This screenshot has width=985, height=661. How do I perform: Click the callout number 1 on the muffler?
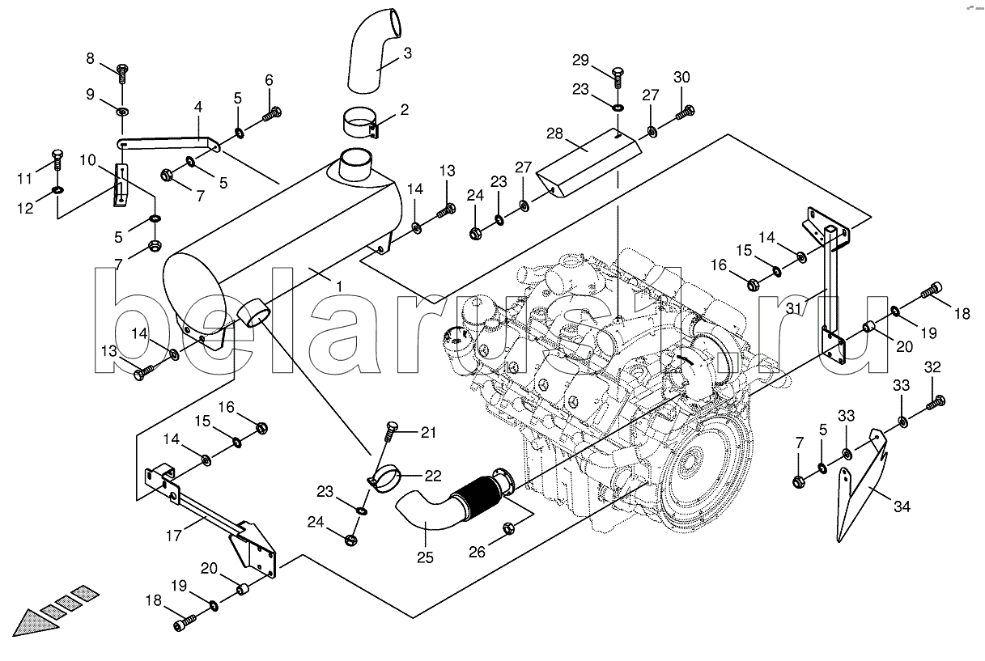point(339,287)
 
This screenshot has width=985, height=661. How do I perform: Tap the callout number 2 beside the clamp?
point(404,109)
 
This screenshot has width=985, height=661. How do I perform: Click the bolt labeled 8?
point(123,74)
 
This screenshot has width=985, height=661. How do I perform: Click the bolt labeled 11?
point(58,160)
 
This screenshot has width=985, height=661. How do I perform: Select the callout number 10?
point(88,160)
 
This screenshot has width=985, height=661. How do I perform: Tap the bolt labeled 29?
point(618,79)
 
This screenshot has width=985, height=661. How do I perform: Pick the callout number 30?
point(682,77)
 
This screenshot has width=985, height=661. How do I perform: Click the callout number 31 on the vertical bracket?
point(793,308)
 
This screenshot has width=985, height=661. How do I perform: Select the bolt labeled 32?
point(936,403)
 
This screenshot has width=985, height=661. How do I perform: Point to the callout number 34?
point(902,506)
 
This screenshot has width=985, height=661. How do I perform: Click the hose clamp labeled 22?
point(384,477)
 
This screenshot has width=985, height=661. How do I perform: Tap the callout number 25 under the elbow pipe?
point(425,557)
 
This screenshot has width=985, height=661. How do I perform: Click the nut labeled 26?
point(508,528)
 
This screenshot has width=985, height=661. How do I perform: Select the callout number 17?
point(174,536)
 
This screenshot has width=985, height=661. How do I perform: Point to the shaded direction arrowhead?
point(33,625)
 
